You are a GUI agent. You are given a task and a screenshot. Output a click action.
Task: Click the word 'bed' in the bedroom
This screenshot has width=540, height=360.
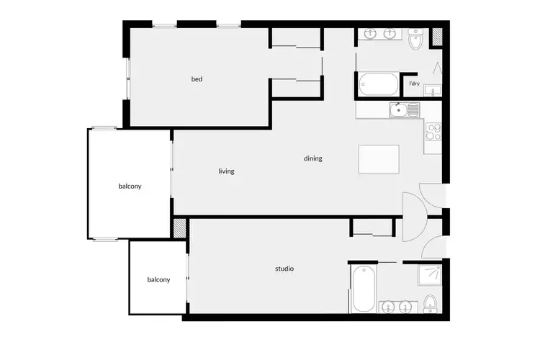point(197,79)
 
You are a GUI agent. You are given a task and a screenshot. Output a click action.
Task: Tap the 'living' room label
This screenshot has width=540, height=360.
point(227,171)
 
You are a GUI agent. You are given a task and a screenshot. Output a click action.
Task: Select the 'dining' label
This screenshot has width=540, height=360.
point(313,158)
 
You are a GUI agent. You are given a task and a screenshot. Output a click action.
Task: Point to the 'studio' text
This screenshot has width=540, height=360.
point(284,269)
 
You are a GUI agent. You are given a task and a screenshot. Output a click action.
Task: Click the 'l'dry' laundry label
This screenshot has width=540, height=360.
point(414,84)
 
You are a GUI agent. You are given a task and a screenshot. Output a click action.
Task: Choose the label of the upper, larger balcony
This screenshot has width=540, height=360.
point(130,186)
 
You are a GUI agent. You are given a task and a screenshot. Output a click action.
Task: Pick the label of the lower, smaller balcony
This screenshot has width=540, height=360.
point(158,279)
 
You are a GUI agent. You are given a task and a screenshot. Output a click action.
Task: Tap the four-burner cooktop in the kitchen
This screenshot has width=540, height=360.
point(433,132)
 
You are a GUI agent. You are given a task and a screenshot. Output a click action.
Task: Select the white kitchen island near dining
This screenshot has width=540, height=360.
point(379,160)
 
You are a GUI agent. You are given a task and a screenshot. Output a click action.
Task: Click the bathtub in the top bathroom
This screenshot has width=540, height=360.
point(378,84)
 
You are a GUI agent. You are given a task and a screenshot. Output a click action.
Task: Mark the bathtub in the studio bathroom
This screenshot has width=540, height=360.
point(362,288)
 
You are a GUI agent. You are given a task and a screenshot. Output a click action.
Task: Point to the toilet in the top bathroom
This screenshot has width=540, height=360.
point(415,40)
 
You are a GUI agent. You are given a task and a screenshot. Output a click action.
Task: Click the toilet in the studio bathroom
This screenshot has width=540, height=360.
point(431,303)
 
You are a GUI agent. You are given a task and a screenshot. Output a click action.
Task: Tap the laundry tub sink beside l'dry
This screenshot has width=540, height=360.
point(433,90)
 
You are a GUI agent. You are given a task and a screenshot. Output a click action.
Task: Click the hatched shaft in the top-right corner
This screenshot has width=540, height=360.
point(436,38)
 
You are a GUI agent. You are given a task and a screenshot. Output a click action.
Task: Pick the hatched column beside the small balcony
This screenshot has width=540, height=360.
point(180,228)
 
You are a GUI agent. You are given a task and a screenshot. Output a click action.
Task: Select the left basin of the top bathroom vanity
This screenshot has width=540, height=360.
point(372,33)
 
